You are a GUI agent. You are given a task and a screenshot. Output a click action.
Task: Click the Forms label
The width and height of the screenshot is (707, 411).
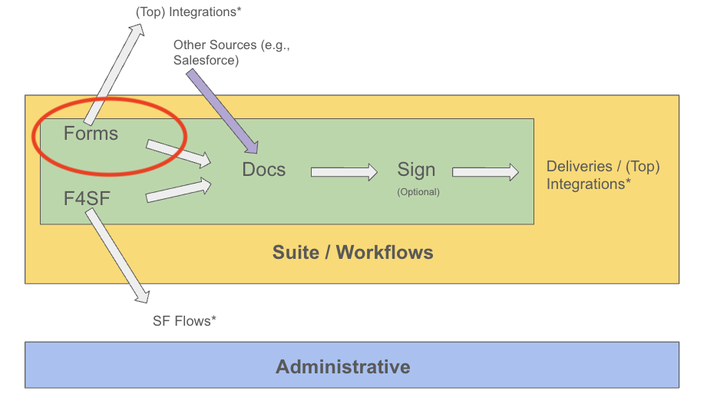coord(91,134)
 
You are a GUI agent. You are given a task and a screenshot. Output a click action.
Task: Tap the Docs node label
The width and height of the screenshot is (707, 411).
coord(263,170)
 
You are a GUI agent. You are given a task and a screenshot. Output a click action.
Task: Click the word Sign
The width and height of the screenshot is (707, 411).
coord(416,170)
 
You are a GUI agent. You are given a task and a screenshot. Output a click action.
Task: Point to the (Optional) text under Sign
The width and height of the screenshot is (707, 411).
coord(418,192)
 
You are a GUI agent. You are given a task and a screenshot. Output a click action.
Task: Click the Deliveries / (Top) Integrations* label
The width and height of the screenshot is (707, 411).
coord(603,175)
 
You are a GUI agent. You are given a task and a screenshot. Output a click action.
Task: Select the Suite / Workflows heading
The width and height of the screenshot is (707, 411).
coord(352,252)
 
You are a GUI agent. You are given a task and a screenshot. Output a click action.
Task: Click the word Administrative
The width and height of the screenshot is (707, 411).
coord(342,366)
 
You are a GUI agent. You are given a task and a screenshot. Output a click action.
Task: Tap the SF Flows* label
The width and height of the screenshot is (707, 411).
coord(184,320)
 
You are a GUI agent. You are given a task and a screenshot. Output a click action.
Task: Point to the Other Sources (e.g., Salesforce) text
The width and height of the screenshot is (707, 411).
coord(230,52)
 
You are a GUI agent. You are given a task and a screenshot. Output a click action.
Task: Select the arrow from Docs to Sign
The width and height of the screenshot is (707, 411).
coord(344,172)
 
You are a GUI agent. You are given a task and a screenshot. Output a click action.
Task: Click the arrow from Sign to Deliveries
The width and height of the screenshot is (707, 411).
coord(485,172)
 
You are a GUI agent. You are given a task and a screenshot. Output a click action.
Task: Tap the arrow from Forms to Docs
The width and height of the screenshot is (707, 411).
coord(178,152)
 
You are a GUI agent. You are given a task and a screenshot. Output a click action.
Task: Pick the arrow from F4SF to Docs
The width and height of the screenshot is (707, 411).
coord(178,190)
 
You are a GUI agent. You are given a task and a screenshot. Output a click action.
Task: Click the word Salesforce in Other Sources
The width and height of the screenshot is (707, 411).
coord(206,60)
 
